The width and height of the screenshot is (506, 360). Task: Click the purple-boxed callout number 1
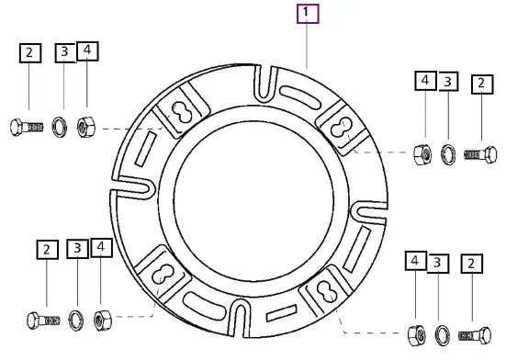(x=308, y=14)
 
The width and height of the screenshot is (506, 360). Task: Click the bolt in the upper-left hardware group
(x=27, y=127)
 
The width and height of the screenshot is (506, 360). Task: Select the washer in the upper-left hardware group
(x=60, y=128)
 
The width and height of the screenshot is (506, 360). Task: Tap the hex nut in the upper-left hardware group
(x=86, y=127)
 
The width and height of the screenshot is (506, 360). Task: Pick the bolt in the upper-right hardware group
(x=480, y=155)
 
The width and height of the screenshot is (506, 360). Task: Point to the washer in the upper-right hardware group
(x=448, y=154)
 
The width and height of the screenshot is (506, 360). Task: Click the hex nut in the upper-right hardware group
(x=422, y=155)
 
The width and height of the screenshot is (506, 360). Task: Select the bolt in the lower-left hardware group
(x=43, y=321)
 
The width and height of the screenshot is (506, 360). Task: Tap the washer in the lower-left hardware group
(x=76, y=321)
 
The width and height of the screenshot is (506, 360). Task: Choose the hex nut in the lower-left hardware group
(x=103, y=320)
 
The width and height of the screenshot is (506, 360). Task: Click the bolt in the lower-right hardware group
(x=475, y=335)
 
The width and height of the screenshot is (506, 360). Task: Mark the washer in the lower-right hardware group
(x=443, y=336)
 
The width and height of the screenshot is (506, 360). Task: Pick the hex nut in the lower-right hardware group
(x=417, y=336)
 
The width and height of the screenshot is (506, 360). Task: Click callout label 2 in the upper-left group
(x=30, y=53)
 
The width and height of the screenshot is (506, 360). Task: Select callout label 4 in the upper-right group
(x=426, y=80)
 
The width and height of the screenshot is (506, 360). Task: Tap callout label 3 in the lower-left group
(x=77, y=248)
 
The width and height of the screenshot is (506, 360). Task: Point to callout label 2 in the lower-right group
(x=472, y=264)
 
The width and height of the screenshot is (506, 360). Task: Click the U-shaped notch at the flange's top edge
(x=265, y=83)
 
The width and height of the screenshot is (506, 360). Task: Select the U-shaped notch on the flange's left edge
(x=133, y=187)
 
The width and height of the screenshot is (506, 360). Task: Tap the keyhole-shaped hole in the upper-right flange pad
(x=342, y=128)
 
